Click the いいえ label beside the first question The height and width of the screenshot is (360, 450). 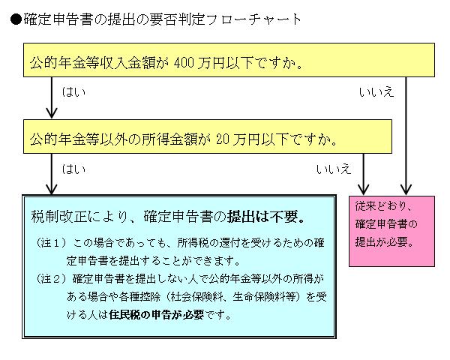click(376, 91)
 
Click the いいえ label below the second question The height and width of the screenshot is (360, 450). click(333, 169)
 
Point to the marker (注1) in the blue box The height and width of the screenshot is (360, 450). click(50, 244)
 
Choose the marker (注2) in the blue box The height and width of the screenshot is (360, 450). click(50, 280)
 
